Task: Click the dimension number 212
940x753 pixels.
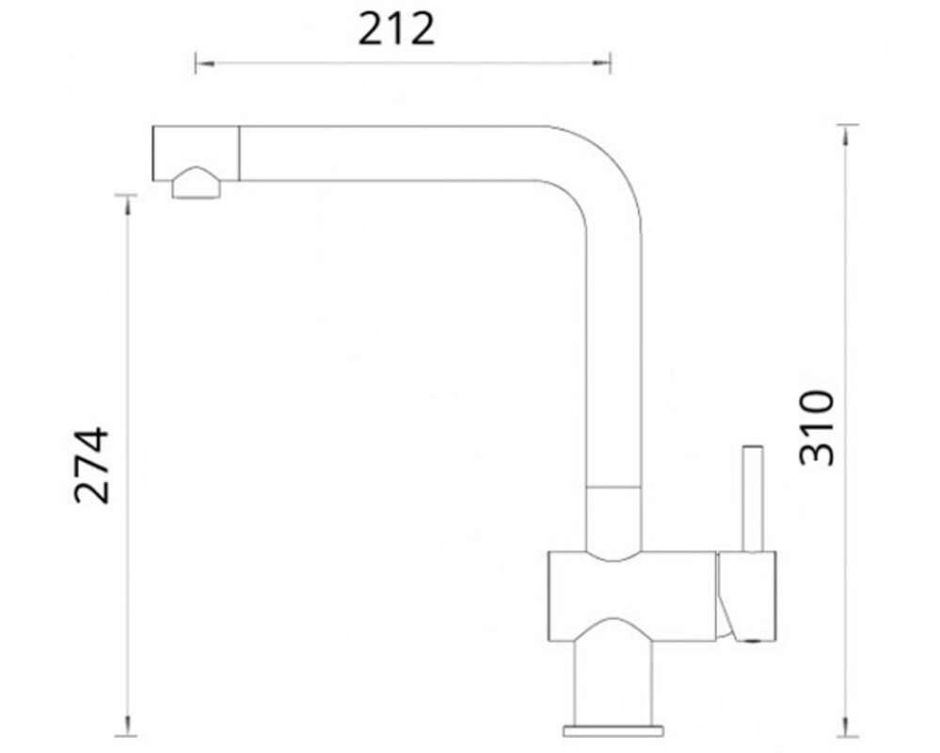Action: pyautogui.click(x=395, y=30)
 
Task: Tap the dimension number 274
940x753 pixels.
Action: pyautogui.click(x=91, y=465)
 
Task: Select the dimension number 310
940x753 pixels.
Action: pyautogui.click(x=817, y=427)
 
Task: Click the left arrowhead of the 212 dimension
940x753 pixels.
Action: pyautogui.click(x=204, y=63)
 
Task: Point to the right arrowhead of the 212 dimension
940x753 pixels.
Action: pyautogui.click(x=600, y=63)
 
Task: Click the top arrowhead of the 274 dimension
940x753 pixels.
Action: pyautogui.click(x=126, y=204)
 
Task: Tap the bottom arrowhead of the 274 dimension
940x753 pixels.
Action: pyautogui.click(x=126, y=726)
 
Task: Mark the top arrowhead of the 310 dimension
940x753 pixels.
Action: pyautogui.click(x=846, y=135)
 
